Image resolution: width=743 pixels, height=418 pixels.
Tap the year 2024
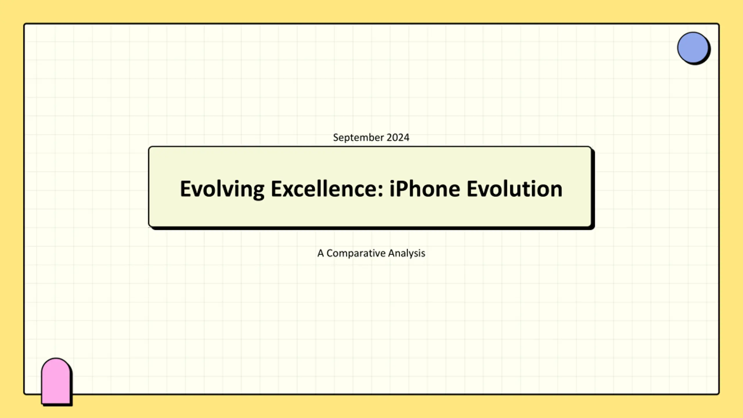click(x=398, y=137)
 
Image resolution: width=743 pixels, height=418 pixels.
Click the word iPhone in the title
click(x=425, y=189)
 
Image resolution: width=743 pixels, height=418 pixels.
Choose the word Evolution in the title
click(x=515, y=189)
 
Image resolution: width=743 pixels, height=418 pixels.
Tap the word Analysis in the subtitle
click(x=407, y=253)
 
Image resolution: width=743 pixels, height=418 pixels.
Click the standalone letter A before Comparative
click(x=320, y=253)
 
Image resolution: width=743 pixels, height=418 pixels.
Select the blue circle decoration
click(x=693, y=48)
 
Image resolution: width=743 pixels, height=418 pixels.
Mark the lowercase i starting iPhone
click(x=392, y=189)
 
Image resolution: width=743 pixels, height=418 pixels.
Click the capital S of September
click(x=336, y=137)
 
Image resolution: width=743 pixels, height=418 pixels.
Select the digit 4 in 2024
click(x=407, y=137)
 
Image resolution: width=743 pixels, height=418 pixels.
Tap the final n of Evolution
click(x=556, y=191)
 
